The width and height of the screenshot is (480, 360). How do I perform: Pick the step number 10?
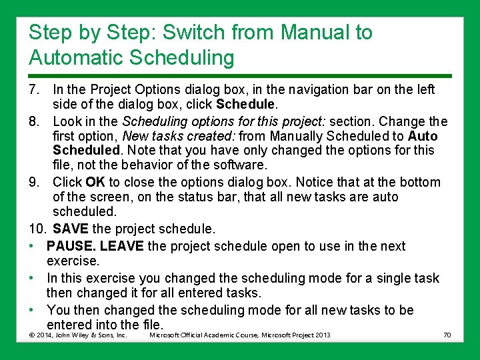click(x=37, y=229)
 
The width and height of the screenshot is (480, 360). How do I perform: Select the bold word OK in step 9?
click(x=96, y=182)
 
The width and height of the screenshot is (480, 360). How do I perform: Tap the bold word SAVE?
click(x=71, y=229)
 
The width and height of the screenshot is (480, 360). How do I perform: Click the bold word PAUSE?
click(x=73, y=246)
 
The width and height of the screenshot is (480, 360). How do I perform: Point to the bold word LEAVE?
click(x=123, y=246)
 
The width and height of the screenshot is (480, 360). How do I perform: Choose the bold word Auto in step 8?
click(x=423, y=136)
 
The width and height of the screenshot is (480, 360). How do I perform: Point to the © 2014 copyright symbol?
click(x=33, y=335)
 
